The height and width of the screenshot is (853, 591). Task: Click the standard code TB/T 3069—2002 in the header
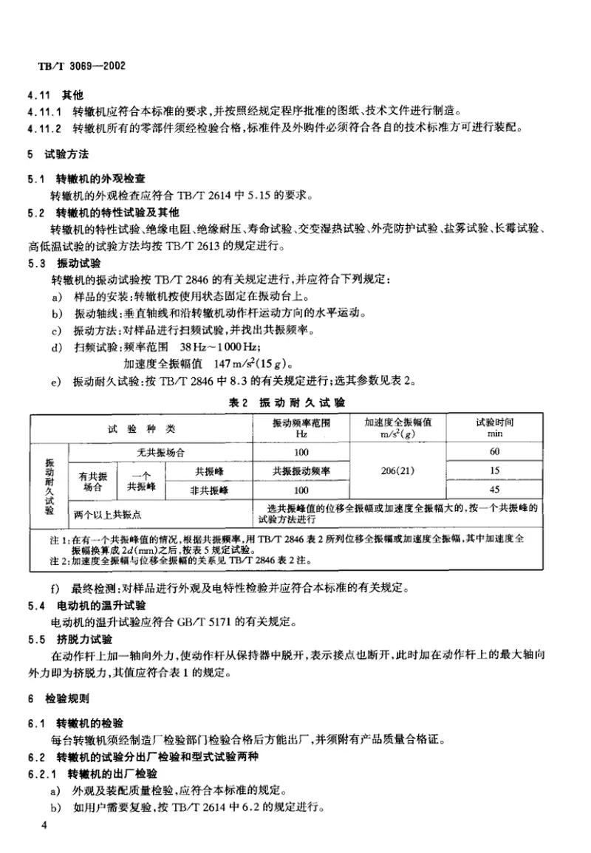[x=81, y=66]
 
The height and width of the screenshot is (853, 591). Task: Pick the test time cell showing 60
[x=494, y=451]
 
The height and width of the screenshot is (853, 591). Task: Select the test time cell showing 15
[x=494, y=470]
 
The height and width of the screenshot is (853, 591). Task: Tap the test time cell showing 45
[x=494, y=489]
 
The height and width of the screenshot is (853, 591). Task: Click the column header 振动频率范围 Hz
[x=301, y=428]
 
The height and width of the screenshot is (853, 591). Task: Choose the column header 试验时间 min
[x=494, y=428]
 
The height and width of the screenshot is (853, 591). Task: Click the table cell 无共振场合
[x=160, y=451]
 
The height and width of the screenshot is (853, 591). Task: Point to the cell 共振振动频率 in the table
[x=301, y=470]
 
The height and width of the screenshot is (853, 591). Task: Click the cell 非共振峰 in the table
[x=211, y=489]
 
